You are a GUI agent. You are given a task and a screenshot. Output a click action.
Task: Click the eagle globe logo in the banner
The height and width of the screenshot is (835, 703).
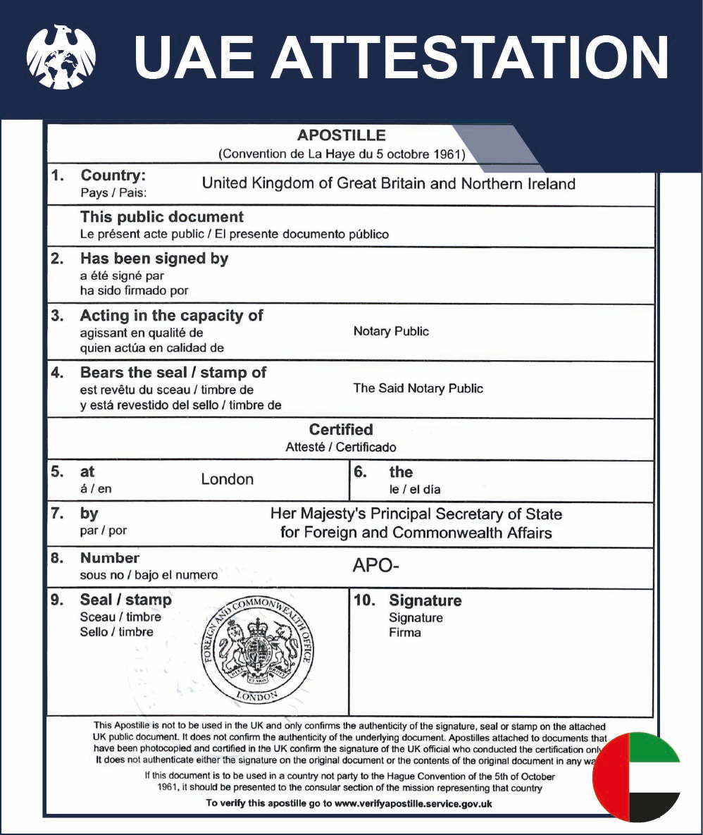click(x=61, y=56)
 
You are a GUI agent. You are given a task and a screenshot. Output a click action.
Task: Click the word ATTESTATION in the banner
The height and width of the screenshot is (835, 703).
click(x=471, y=57)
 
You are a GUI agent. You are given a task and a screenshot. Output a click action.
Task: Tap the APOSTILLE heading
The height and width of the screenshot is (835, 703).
click(x=341, y=135)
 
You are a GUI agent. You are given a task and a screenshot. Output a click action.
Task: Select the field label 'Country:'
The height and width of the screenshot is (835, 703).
click(x=113, y=175)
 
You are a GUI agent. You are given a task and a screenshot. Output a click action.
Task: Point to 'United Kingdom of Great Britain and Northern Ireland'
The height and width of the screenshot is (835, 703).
click(x=388, y=184)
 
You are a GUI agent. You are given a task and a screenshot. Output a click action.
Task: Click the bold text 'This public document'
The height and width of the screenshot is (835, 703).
click(x=162, y=217)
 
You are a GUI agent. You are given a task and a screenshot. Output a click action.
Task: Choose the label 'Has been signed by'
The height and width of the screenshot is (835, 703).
click(x=154, y=259)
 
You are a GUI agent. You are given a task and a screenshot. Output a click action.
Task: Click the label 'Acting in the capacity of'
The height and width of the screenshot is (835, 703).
click(x=171, y=316)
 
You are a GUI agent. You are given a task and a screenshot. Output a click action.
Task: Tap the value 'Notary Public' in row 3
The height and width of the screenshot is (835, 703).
click(x=391, y=331)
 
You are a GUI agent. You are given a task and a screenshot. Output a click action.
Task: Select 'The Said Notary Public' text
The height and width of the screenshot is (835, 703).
click(x=418, y=388)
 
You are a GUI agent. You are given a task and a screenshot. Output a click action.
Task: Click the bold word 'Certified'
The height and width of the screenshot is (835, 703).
click(x=341, y=430)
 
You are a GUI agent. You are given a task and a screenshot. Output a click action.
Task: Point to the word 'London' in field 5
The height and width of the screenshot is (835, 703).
click(x=227, y=479)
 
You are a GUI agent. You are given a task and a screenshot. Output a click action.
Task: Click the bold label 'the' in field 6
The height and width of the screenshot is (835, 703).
click(x=401, y=472)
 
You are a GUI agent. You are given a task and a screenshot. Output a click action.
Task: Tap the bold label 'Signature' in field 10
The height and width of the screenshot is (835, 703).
click(x=425, y=600)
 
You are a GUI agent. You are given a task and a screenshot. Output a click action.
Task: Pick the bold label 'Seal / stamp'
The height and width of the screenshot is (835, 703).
click(x=125, y=600)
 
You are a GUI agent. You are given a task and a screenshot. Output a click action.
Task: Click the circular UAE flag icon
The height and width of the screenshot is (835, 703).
click(x=637, y=777)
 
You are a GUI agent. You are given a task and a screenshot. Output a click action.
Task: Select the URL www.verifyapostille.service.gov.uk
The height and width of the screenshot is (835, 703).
click(x=413, y=803)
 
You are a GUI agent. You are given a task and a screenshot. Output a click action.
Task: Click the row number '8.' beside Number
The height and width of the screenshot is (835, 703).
click(x=58, y=558)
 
